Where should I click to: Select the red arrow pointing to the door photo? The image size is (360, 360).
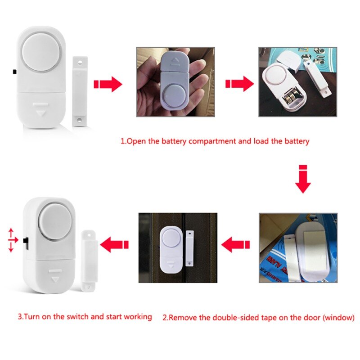[237, 245]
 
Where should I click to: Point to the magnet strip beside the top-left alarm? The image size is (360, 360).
[80, 90]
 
